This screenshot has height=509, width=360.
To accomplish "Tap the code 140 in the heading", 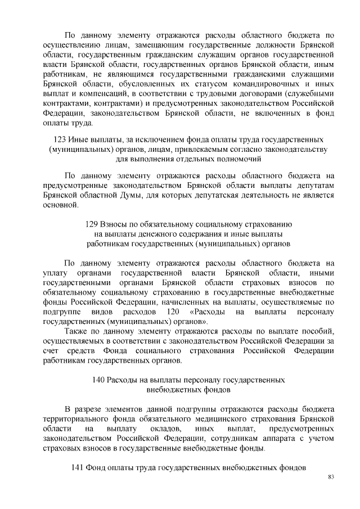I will (x=99, y=380).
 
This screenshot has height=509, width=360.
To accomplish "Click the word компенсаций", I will (x=101, y=94).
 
